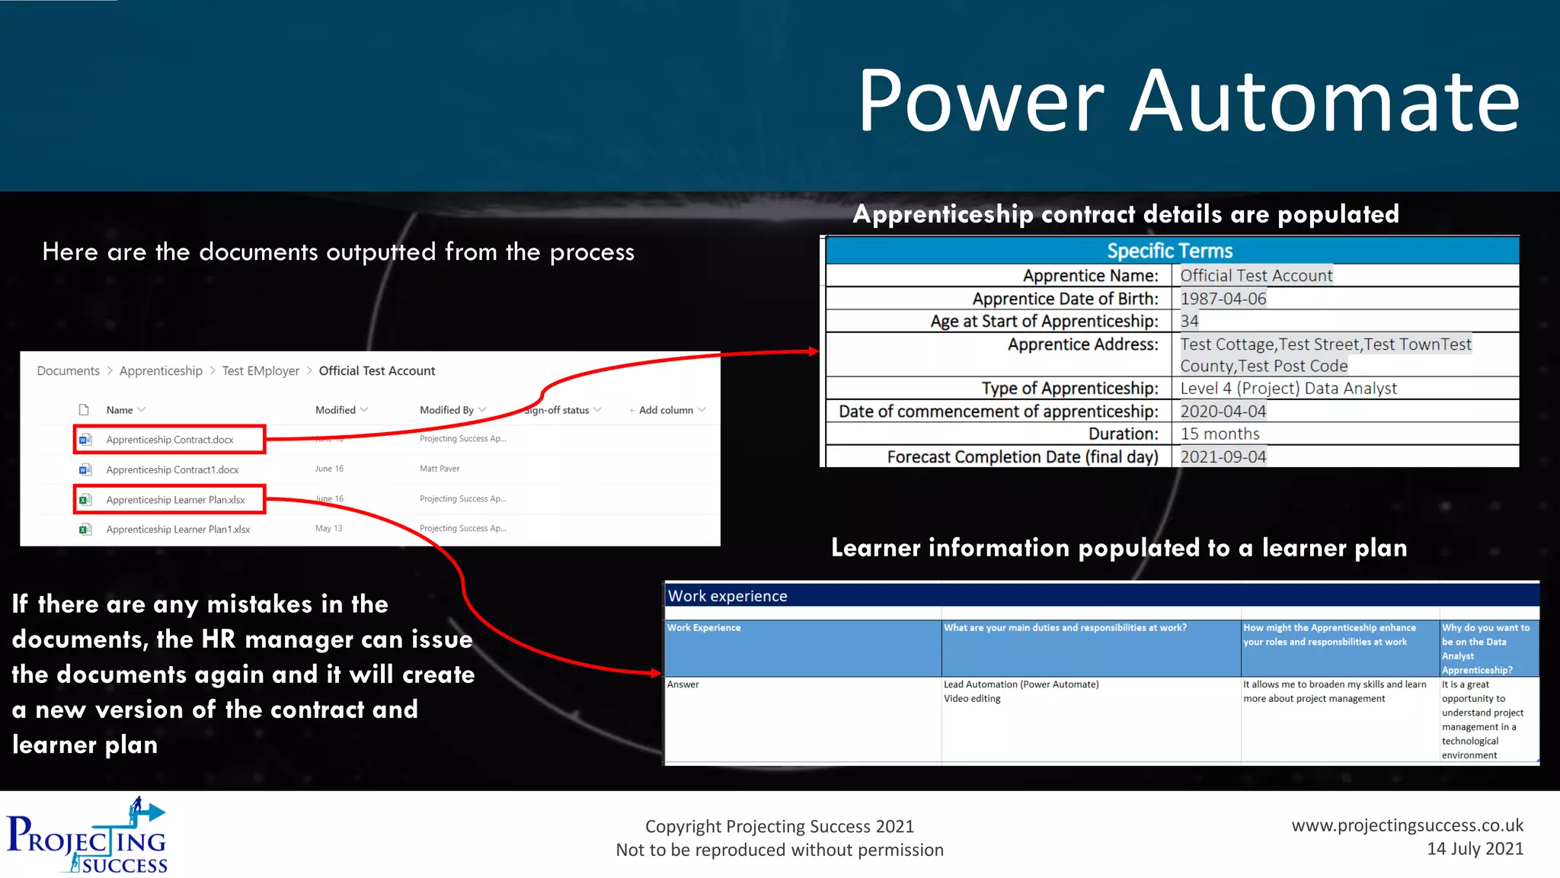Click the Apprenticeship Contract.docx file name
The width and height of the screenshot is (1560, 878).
(170, 440)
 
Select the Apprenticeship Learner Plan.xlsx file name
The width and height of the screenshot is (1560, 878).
(175, 500)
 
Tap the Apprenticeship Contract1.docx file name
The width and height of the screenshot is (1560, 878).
(172, 469)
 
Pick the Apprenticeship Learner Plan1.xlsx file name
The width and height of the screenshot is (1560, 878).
(177, 530)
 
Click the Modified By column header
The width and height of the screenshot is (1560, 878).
(447, 410)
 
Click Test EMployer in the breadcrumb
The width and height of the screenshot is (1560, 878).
(261, 371)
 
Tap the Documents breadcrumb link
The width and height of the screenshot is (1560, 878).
(68, 371)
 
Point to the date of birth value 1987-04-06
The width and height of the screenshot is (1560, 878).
(1223, 299)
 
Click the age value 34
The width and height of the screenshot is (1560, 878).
(1189, 322)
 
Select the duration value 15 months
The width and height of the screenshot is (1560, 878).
(1220, 434)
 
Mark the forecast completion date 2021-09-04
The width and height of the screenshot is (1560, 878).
(1223, 457)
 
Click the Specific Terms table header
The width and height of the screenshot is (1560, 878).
(1169, 251)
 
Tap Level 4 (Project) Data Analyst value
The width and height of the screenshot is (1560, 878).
(1288, 389)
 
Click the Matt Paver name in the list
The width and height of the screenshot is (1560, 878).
(440, 469)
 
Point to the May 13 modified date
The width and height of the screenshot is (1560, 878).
(328, 528)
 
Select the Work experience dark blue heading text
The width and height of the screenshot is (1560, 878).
(727, 596)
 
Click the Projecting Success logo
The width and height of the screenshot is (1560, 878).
(88, 836)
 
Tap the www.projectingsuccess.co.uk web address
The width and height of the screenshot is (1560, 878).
(1407, 825)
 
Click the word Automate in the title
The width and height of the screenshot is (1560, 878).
(1324, 101)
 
